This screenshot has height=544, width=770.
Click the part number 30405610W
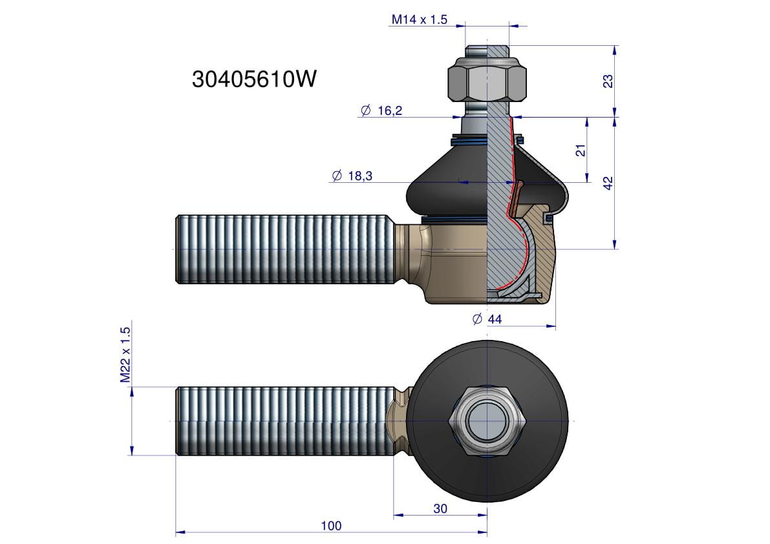(x=254, y=78)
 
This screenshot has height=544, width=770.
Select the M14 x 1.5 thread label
(x=420, y=19)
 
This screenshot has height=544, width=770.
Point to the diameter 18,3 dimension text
(x=352, y=176)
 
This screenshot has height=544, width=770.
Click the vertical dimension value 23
(x=608, y=81)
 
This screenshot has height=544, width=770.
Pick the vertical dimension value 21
(x=581, y=150)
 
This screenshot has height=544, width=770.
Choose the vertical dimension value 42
(x=608, y=183)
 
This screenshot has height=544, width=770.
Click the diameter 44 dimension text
(x=487, y=319)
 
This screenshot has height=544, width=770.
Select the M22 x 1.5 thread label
(x=125, y=355)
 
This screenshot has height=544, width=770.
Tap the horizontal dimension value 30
(x=440, y=508)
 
